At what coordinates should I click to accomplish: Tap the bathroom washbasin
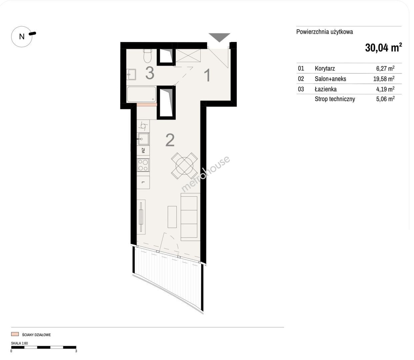click(x=131, y=74)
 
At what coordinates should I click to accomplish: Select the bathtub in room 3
click(x=141, y=94)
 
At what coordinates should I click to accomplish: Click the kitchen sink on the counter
click(x=143, y=139)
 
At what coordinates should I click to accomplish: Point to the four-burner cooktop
click(x=143, y=165)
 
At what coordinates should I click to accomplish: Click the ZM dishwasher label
click(x=143, y=150)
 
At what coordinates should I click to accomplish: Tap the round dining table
click(x=184, y=166)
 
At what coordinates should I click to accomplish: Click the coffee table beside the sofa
click(x=172, y=217)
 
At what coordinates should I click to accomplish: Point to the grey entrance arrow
click(x=219, y=37)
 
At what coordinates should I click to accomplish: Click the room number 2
click(x=170, y=140)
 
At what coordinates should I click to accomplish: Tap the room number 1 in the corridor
click(x=208, y=75)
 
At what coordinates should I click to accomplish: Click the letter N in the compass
click(x=22, y=37)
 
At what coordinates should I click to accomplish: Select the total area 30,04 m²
click(x=383, y=48)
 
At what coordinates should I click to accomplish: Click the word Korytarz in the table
click(x=325, y=68)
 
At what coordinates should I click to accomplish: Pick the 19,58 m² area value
click(x=384, y=79)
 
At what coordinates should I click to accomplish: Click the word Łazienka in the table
click(x=326, y=89)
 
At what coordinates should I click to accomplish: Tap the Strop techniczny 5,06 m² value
click(x=385, y=99)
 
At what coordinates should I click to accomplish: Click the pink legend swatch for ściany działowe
click(x=15, y=334)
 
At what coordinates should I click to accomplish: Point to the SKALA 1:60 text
click(x=19, y=343)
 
